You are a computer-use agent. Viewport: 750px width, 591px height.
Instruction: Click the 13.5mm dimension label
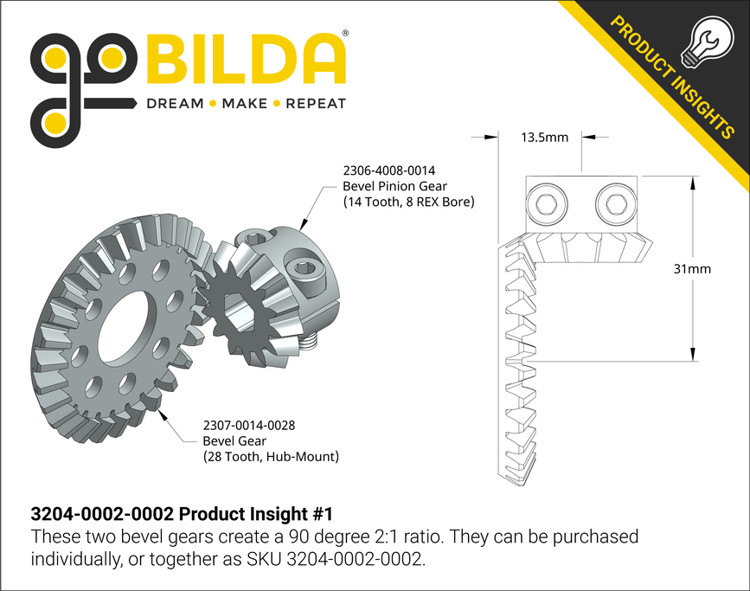544,137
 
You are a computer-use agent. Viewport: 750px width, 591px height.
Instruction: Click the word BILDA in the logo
247,61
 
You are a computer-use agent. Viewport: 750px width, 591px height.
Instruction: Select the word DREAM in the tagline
174,104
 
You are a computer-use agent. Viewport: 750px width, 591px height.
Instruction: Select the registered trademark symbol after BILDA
346,34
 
